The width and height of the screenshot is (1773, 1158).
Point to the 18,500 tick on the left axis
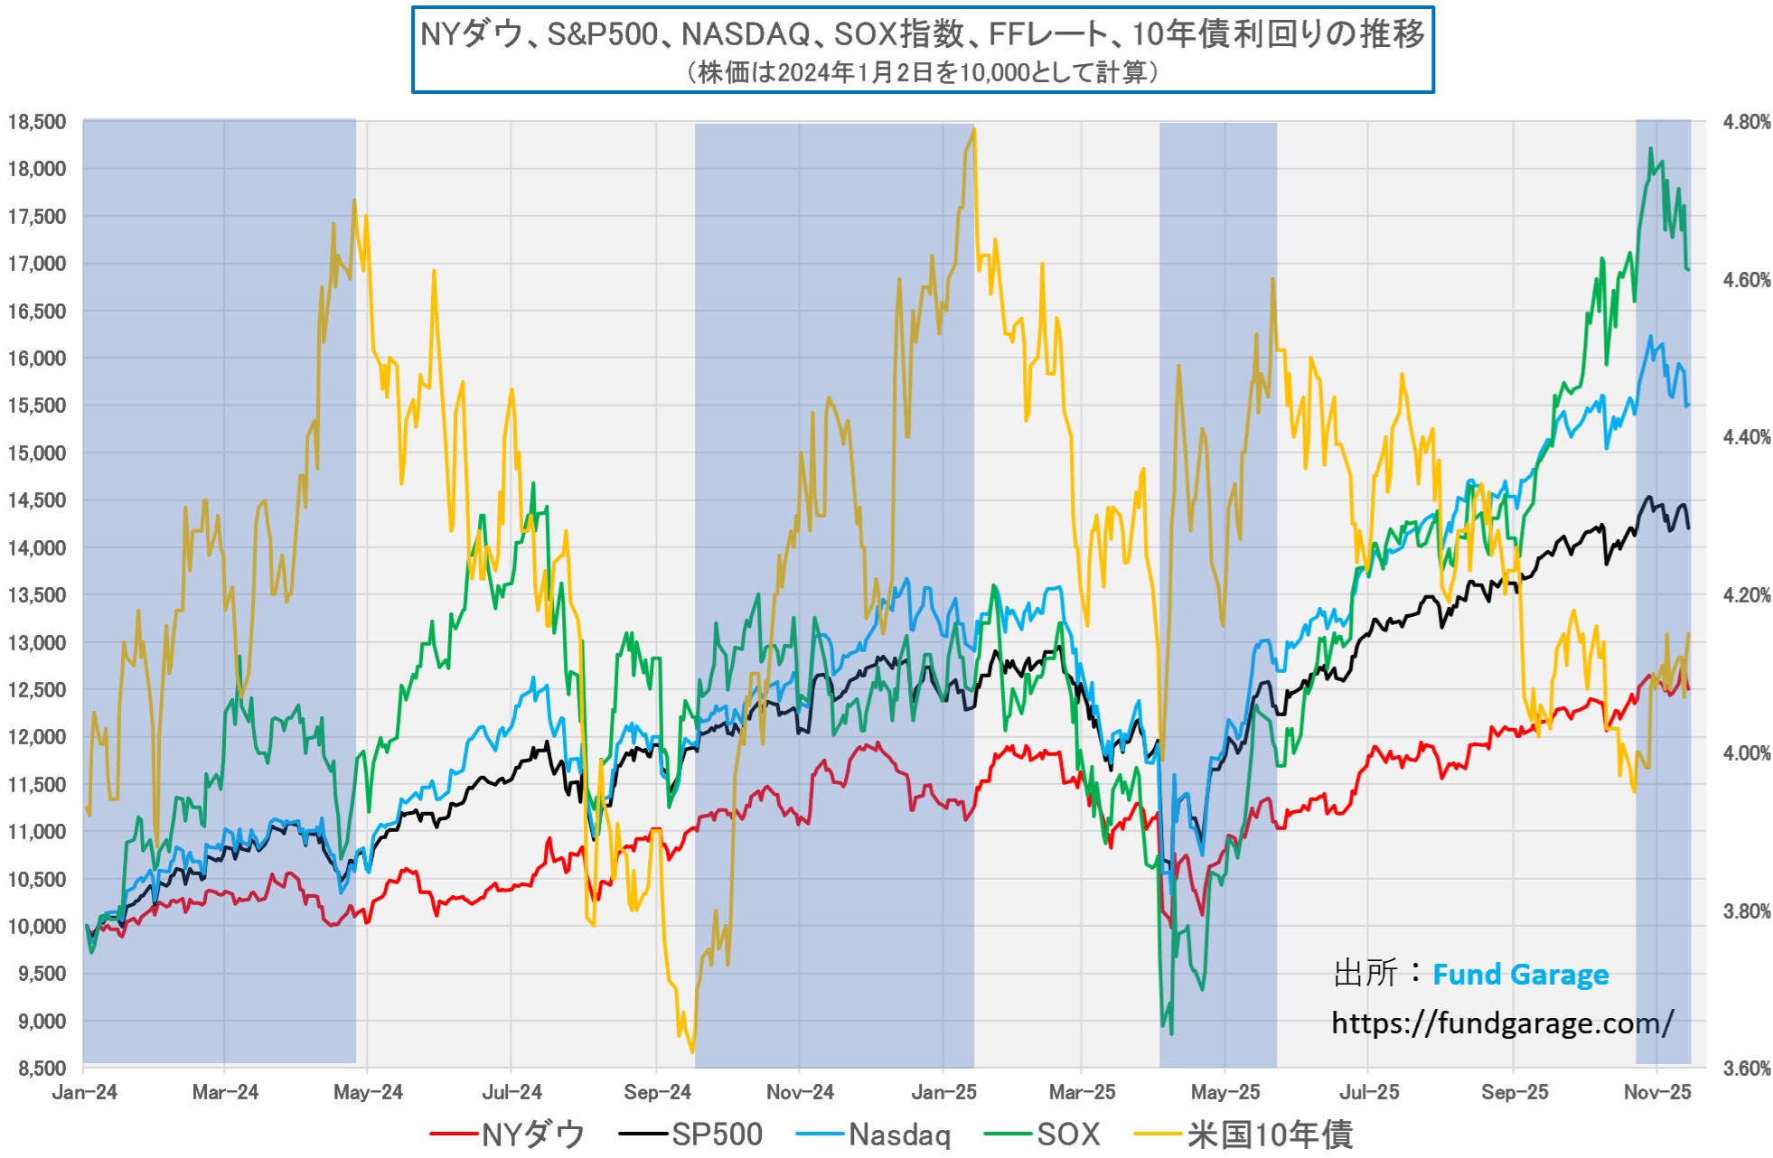coord(37,122)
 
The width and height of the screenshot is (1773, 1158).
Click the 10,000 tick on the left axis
coord(37,926)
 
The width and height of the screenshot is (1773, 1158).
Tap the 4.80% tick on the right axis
coord(1746,122)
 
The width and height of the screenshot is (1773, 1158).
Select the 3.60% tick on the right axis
coord(1746,1069)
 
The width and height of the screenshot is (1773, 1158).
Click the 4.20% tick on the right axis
coord(1746,595)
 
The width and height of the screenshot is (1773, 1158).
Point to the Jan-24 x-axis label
coord(84,1092)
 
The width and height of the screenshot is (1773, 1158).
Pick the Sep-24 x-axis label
coord(657,1092)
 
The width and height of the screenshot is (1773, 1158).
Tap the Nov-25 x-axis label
coord(1656,1092)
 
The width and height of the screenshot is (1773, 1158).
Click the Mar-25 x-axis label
coord(1082,1092)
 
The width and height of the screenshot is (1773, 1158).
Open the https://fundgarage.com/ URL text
coord(1502,1023)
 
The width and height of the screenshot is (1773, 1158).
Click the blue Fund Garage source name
coord(1520,975)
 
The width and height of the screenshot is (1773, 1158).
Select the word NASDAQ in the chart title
coord(746,34)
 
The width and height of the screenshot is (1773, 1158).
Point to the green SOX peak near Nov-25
coord(1650,149)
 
